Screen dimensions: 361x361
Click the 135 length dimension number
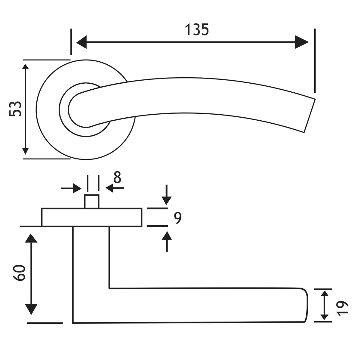[x=197, y=30]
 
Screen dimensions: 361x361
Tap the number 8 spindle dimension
[x=117, y=177]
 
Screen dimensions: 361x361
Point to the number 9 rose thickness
[x=178, y=218]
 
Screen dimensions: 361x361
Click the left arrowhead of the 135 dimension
[x=82, y=42]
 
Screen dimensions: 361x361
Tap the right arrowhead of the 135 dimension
[x=302, y=42]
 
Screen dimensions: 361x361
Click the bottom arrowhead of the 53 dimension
[x=26, y=152]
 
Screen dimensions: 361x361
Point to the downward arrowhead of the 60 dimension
[x=31, y=309]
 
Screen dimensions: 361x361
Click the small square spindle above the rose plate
[x=92, y=201]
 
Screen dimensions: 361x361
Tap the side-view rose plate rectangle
[x=92, y=217]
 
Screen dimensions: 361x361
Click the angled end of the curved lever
[x=308, y=116]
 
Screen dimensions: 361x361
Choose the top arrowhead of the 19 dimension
[x=324, y=294]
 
